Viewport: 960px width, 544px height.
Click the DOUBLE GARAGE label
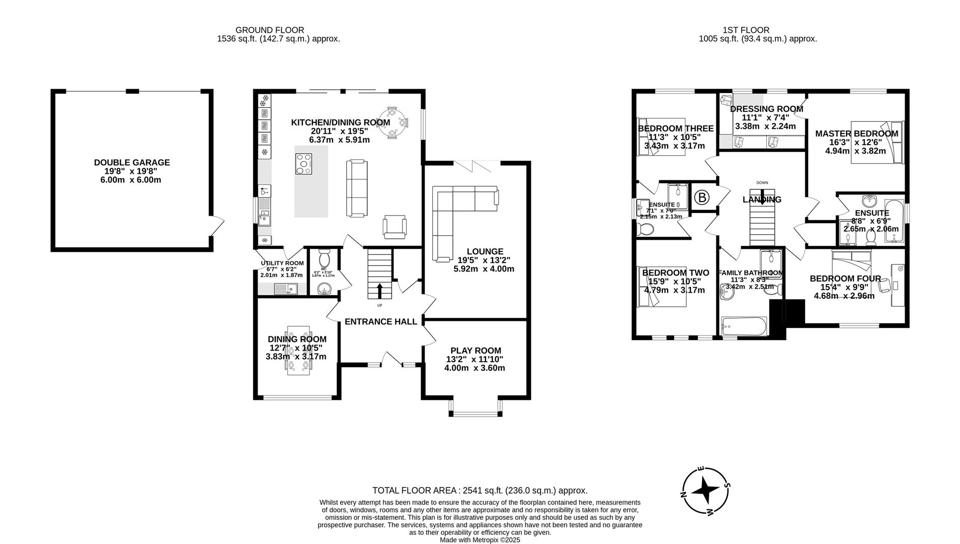(132, 163)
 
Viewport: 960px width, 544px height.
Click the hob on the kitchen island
(303, 164)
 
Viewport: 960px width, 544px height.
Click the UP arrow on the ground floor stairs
(379, 291)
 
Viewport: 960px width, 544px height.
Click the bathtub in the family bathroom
(744, 327)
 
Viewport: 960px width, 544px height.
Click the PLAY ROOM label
(475, 351)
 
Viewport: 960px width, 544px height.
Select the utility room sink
(285, 289)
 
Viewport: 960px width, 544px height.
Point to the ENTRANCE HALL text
(381, 321)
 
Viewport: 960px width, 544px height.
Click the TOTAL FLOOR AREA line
(479, 490)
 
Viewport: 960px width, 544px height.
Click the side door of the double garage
(217, 226)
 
